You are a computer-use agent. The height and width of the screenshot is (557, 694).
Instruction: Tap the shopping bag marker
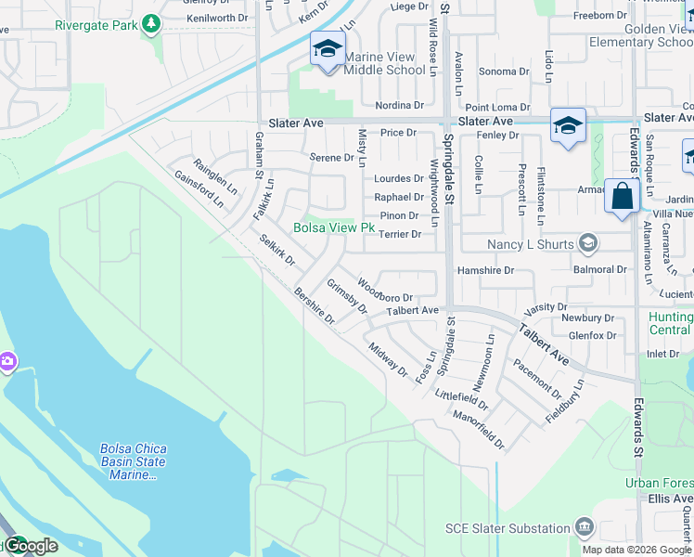[x=622, y=197]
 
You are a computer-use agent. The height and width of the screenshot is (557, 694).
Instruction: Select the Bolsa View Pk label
[x=334, y=227]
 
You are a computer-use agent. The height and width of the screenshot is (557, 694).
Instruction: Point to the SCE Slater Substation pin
[x=585, y=527]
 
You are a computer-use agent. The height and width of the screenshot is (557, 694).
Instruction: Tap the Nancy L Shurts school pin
[x=586, y=244]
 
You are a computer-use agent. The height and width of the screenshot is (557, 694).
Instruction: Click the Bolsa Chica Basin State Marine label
[x=132, y=461]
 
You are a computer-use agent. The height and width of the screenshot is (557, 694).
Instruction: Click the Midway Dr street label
[x=388, y=359]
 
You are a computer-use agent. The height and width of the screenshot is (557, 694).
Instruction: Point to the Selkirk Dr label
[x=276, y=251]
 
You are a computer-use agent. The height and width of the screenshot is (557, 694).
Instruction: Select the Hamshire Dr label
[x=484, y=270]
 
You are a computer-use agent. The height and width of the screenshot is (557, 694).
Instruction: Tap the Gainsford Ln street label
[x=199, y=188]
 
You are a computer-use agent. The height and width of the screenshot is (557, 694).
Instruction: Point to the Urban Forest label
[x=658, y=483]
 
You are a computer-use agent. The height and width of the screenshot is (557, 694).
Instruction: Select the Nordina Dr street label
[x=400, y=105]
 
